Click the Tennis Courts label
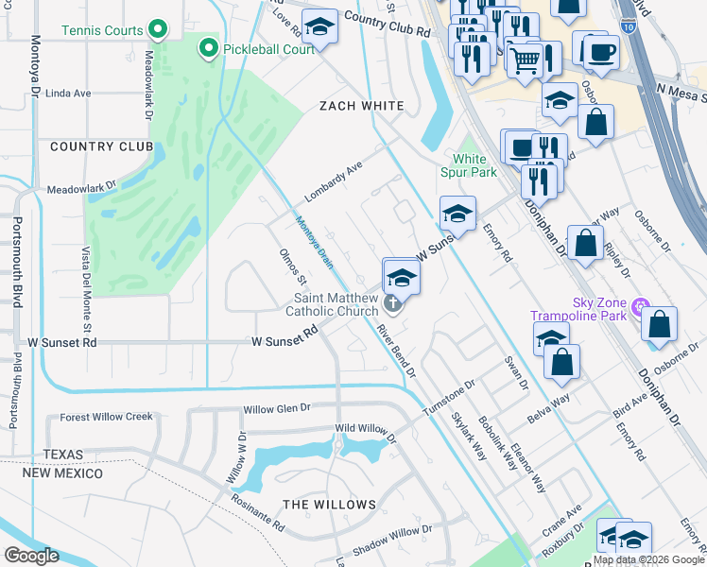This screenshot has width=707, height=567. pyautogui.click(x=102, y=30)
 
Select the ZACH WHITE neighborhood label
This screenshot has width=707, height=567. pyautogui.click(x=361, y=106)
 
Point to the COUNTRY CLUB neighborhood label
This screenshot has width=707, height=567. pyautogui.click(x=101, y=146)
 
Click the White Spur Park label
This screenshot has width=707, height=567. pyautogui.click(x=469, y=165)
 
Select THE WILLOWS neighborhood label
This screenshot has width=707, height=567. pyautogui.click(x=330, y=505)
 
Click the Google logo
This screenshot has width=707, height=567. pyautogui.click(x=30, y=555)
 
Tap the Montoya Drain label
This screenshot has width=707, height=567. pyautogui.click(x=314, y=242)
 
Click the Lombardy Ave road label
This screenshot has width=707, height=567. pyautogui.click(x=334, y=181)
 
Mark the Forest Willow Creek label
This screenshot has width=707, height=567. pyautogui.click(x=106, y=417)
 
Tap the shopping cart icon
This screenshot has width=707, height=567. pyautogui.click(x=525, y=60)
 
